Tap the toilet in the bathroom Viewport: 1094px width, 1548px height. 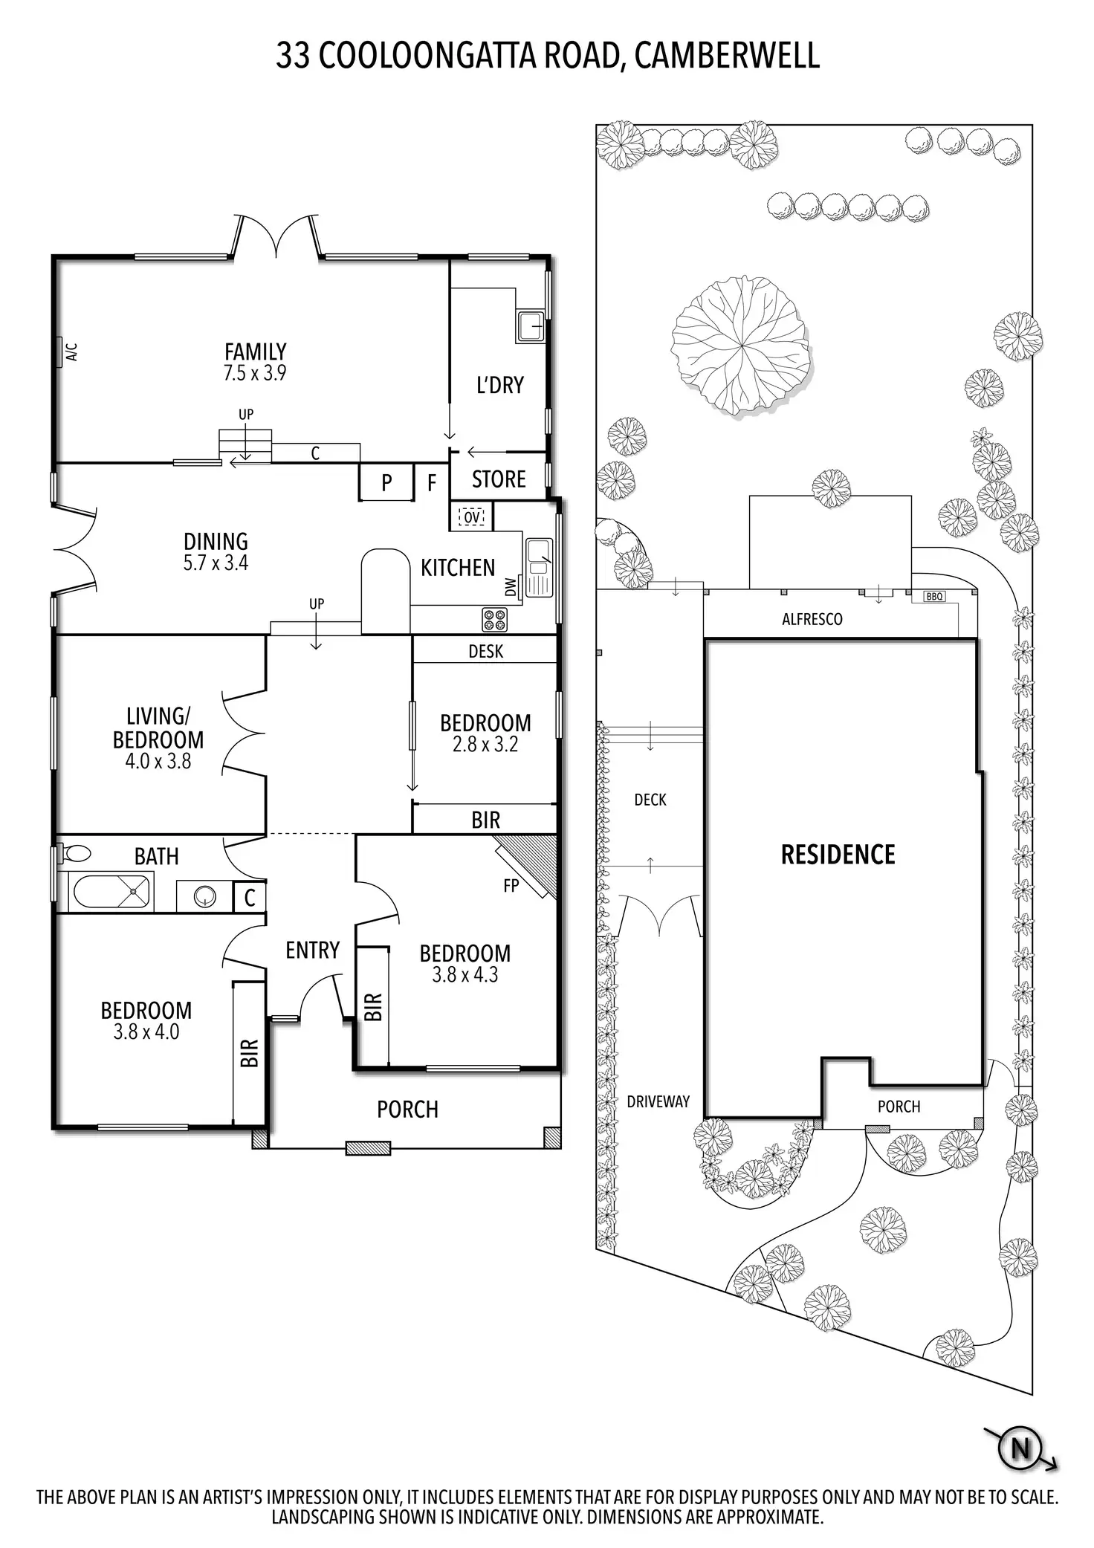(73, 852)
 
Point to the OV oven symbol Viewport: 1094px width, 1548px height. (471, 516)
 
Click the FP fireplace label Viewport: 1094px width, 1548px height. (511, 885)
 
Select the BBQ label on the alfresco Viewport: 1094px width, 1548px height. (934, 596)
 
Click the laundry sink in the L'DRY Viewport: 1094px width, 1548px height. (531, 326)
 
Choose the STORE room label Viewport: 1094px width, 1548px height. (499, 479)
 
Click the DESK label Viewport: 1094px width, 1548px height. (485, 651)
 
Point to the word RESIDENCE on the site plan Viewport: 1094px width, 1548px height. (838, 855)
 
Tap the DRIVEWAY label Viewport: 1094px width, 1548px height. (658, 1102)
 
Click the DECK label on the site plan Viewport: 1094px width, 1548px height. (650, 800)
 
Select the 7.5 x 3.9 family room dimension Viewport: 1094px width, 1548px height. (255, 373)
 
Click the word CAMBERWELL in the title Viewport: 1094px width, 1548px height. (727, 56)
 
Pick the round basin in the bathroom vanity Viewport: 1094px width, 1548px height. (204, 897)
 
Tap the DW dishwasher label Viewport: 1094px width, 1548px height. (511, 587)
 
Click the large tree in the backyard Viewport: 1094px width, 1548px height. (739, 344)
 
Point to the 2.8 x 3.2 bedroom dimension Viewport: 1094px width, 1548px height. (485, 744)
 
